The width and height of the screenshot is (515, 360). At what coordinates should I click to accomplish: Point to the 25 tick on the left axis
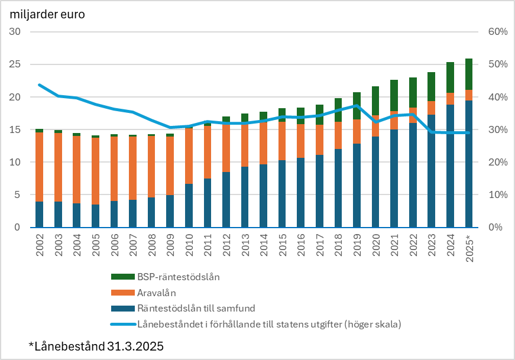point(15,64)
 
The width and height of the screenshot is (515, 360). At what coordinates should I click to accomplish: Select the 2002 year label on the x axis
point(40,244)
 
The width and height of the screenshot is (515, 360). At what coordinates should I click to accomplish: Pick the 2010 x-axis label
point(189,244)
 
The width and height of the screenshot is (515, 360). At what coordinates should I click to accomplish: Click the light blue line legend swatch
point(122,324)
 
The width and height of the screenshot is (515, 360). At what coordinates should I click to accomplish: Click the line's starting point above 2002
point(40,85)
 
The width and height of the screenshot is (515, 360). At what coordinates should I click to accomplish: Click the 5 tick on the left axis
point(18,195)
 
